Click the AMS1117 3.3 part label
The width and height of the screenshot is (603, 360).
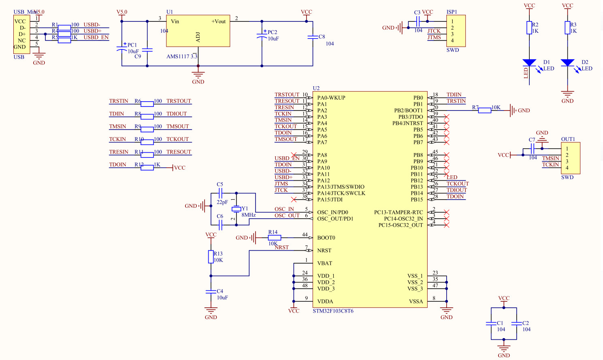click(x=181, y=56)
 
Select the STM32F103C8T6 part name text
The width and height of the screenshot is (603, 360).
click(x=333, y=311)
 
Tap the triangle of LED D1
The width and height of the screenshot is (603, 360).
click(x=529, y=62)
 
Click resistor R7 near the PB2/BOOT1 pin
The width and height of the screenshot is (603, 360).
click(x=484, y=110)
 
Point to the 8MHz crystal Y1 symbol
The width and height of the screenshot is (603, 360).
click(x=237, y=209)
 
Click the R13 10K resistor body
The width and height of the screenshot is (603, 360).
click(x=211, y=257)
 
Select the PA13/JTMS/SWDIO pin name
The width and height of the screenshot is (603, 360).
click(x=341, y=187)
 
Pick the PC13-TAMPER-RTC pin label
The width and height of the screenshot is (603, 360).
click(x=398, y=212)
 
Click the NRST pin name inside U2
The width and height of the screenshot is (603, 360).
click(x=324, y=250)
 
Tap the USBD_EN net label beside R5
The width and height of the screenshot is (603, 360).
click(x=96, y=37)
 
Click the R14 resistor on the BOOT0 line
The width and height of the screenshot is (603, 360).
click(x=274, y=238)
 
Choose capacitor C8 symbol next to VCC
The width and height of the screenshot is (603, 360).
click(x=313, y=37)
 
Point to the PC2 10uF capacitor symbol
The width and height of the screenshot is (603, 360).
click(x=262, y=37)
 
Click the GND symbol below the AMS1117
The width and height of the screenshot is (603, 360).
click(x=198, y=75)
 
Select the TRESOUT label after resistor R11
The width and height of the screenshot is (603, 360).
click(x=179, y=152)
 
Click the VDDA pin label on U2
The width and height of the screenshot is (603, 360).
click(x=325, y=301)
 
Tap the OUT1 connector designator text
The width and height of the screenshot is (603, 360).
click(x=568, y=139)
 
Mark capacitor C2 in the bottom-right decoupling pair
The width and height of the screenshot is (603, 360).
click(x=516, y=323)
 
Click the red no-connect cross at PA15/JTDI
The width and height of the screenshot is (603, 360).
click(x=294, y=199)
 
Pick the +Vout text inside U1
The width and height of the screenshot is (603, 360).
click(x=218, y=21)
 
